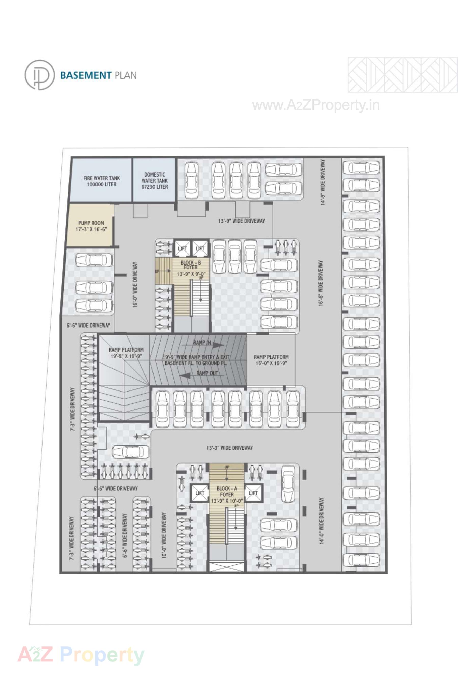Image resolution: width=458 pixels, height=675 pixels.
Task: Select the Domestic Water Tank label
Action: pos(155,181)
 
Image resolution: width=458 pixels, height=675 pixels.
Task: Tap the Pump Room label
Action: pos(91,226)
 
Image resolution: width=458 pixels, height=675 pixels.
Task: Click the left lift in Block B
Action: pos(182,248)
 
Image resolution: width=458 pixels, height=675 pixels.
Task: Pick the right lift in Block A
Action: pos(253,493)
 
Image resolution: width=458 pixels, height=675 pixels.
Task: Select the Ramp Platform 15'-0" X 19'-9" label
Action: pos(271,360)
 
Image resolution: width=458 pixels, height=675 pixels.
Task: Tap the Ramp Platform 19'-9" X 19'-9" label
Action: pos(126,353)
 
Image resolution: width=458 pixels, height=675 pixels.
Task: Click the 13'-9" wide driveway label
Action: pos(242,221)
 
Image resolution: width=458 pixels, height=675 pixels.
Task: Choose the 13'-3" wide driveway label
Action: pos(229,448)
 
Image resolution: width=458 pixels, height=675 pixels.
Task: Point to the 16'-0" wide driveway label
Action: pos(135,285)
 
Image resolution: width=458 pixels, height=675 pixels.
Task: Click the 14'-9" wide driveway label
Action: pos(323,182)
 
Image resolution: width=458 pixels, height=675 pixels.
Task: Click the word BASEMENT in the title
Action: pos(86,75)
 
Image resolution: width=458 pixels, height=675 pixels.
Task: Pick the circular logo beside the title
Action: pos(39,75)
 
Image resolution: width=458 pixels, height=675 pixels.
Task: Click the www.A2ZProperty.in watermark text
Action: pos(316,105)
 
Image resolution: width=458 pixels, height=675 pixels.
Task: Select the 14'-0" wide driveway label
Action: pos(321,520)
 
